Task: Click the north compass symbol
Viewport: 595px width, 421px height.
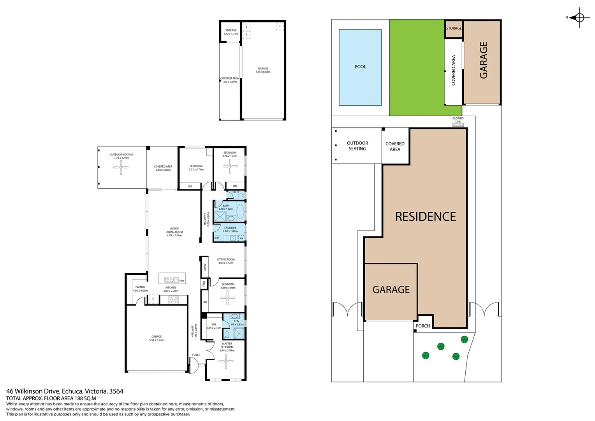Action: click(579, 18)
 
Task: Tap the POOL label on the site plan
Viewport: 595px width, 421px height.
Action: click(360, 67)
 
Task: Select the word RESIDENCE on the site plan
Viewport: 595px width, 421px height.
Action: click(425, 217)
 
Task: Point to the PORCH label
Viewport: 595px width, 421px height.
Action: click(423, 326)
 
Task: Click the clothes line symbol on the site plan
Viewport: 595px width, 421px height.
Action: click(458, 125)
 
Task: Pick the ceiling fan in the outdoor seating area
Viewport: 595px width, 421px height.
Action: click(121, 168)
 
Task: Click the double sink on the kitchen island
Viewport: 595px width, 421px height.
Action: click(171, 279)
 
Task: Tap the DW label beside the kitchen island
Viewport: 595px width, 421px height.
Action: click(181, 281)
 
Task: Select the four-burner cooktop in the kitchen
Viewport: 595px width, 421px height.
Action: click(173, 300)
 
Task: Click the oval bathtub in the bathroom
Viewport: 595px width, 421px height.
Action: click(240, 212)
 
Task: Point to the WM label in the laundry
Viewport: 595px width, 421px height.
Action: click(241, 238)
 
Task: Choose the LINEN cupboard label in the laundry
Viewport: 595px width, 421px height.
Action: click(217, 238)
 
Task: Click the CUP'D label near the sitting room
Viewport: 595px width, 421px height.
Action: click(204, 268)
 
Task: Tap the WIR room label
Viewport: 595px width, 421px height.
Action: click(214, 324)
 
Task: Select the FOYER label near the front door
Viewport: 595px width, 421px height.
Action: click(196, 355)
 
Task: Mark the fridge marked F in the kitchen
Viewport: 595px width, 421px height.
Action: click(153, 299)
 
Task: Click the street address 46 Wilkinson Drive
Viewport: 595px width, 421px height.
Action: click(33, 391)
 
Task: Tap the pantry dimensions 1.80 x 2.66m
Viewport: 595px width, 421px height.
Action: click(140, 290)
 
